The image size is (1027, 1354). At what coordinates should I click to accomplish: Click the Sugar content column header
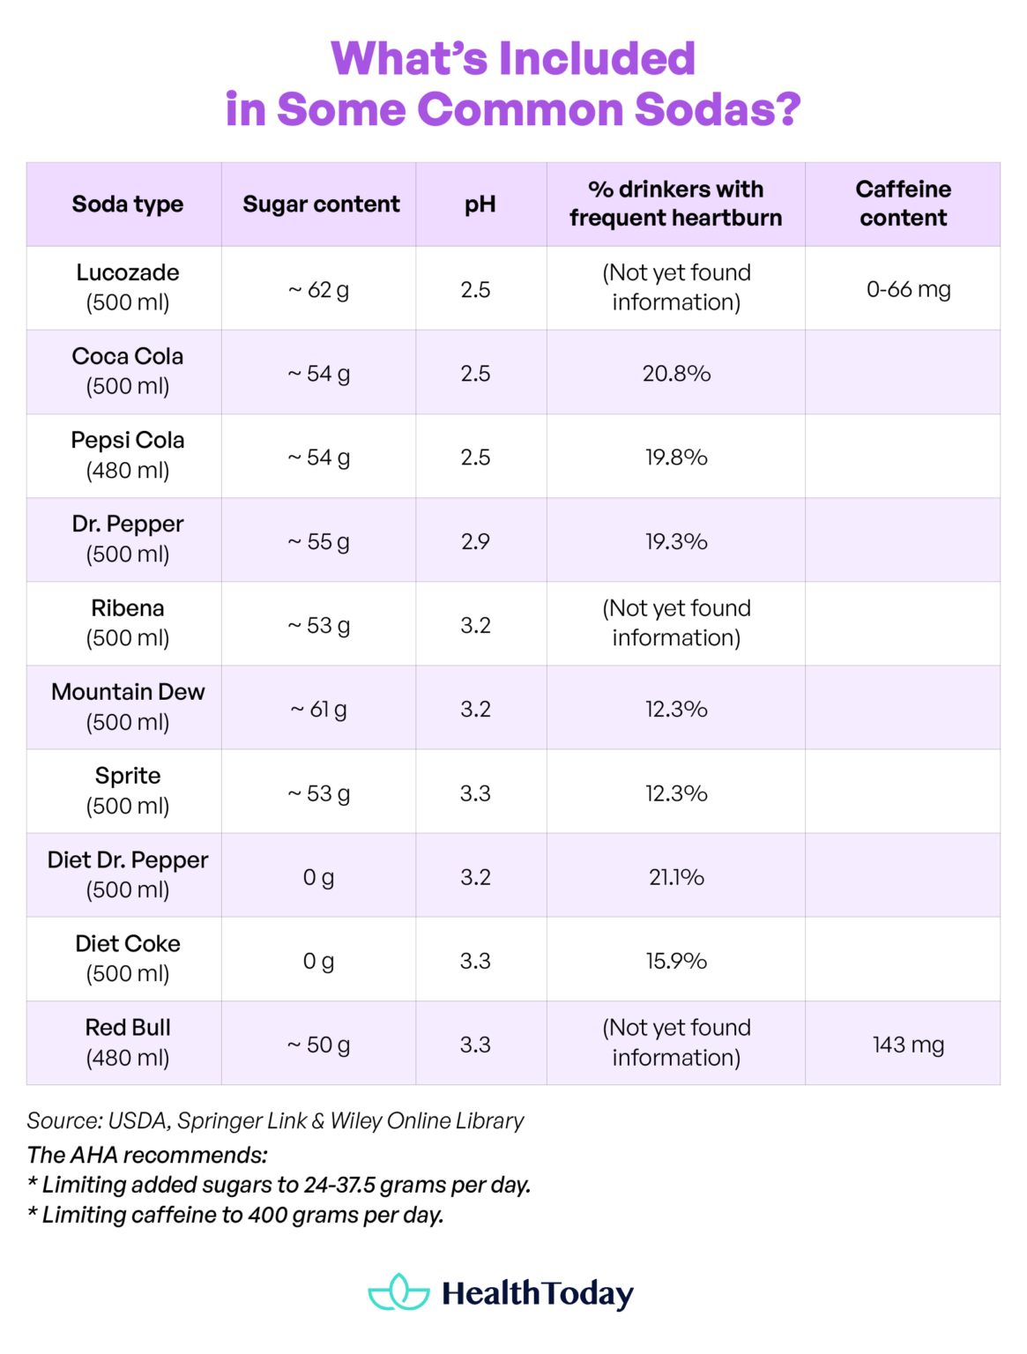click(321, 205)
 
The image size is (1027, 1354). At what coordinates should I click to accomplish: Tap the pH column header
click(480, 205)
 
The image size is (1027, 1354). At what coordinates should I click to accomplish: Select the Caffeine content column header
click(903, 204)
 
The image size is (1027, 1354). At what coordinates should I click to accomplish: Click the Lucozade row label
click(128, 287)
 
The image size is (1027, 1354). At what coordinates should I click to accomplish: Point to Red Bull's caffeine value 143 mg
click(908, 1045)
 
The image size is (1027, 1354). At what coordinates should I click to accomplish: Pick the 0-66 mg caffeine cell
click(908, 289)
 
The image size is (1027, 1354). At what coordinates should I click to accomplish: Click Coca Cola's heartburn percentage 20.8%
click(676, 374)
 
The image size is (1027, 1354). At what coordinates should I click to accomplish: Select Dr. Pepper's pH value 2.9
click(475, 541)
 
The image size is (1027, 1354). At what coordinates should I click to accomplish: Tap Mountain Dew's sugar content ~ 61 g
click(318, 710)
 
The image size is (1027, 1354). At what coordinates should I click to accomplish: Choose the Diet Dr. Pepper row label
click(128, 874)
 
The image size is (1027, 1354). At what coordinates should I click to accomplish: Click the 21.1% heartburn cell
click(676, 877)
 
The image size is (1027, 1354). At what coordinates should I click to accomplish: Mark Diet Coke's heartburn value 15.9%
click(676, 961)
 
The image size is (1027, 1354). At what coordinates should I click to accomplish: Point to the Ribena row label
click(128, 622)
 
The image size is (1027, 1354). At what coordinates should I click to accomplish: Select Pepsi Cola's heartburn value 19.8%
click(676, 458)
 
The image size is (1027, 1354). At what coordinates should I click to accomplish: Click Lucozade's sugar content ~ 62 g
click(318, 290)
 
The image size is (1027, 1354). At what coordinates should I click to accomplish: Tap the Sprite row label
click(128, 790)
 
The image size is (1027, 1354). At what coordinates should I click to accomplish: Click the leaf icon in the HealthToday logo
click(398, 1292)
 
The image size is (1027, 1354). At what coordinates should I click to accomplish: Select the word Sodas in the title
click(718, 109)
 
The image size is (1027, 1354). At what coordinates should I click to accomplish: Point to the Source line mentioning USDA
click(275, 1120)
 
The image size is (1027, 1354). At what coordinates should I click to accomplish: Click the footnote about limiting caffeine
click(235, 1215)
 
